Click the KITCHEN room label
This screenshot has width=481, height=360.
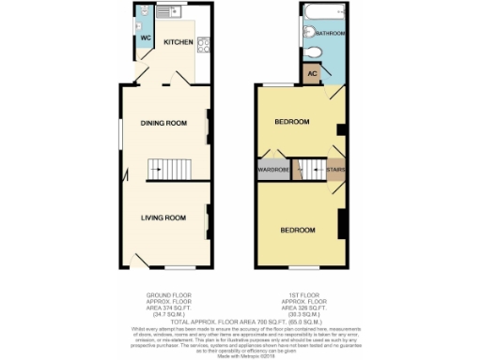click(178, 42)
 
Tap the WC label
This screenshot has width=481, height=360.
click(146, 38)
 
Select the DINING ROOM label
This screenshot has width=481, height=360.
click(163, 123)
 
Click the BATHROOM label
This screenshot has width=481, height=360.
click(331, 34)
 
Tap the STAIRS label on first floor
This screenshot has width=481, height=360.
click(334, 170)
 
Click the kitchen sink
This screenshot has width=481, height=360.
click(170, 13)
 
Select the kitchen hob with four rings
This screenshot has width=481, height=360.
click(204, 43)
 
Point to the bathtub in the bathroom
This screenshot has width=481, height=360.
click(324, 12)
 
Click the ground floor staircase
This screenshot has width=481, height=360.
click(163, 170)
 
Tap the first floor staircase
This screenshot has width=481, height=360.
click(305, 170)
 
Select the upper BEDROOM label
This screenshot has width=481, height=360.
click(292, 123)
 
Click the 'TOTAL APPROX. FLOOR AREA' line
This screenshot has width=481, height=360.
click(240, 321)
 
